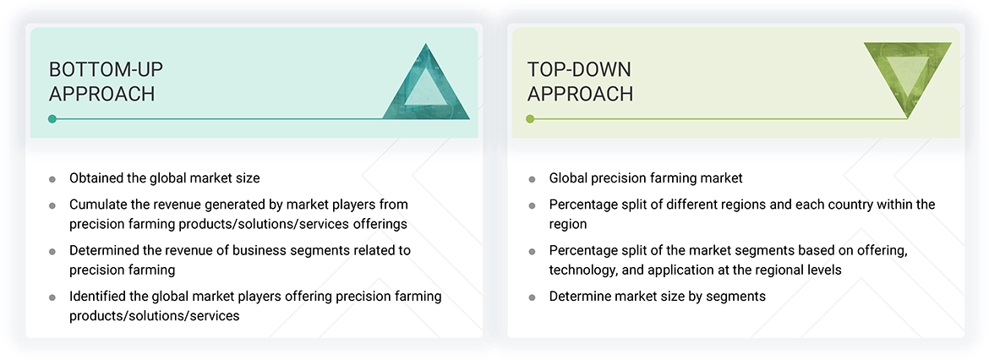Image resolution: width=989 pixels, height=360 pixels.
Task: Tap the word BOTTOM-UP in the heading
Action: (106, 68)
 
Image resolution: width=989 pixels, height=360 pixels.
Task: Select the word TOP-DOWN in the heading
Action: (579, 68)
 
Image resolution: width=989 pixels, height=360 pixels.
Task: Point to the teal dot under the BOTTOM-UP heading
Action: (52, 118)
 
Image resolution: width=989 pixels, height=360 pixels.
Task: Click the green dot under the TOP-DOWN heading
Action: (531, 118)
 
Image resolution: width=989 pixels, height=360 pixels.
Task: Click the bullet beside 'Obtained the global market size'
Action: (52, 179)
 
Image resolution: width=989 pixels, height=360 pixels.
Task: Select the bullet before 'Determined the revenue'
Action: (52, 252)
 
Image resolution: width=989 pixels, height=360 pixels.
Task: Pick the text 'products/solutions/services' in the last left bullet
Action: (155, 316)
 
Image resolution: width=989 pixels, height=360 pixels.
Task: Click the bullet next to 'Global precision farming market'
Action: (533, 179)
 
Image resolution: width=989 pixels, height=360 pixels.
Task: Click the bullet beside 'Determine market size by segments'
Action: (533, 297)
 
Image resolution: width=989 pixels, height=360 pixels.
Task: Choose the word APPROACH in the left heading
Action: (101, 94)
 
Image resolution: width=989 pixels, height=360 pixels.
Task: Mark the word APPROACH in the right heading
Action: (580, 94)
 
